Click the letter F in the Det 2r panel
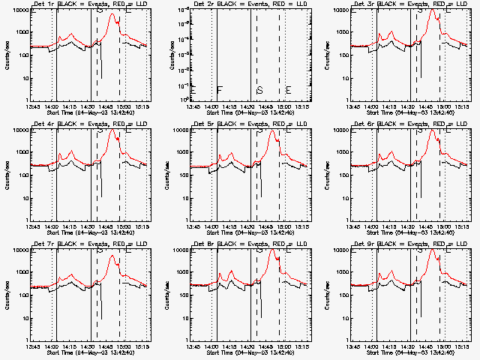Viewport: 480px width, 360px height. point(220,91)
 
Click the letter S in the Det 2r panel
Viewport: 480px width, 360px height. point(259,91)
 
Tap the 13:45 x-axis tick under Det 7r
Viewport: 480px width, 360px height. point(32,346)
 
